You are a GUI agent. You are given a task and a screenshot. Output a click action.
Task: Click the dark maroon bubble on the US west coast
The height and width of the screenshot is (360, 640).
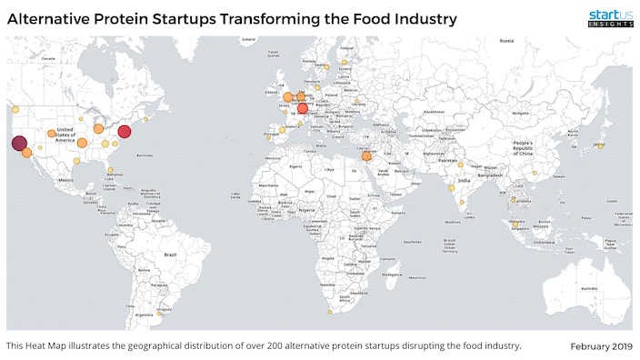[x=19, y=143]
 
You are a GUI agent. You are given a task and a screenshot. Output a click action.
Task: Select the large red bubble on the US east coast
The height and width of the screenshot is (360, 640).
[x=125, y=132]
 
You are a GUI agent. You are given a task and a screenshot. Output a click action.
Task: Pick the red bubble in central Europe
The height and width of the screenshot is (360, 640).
[x=303, y=109]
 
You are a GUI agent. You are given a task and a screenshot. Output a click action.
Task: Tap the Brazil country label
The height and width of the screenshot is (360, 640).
[x=167, y=255]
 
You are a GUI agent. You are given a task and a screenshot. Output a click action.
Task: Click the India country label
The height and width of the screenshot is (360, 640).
[x=464, y=180]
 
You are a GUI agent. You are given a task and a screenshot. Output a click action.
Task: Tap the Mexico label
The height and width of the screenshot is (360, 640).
[x=65, y=181]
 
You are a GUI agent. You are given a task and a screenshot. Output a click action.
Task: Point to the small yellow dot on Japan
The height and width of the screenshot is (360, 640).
[x=599, y=144]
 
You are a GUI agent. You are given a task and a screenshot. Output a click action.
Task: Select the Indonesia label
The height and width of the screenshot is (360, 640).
[x=547, y=242]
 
